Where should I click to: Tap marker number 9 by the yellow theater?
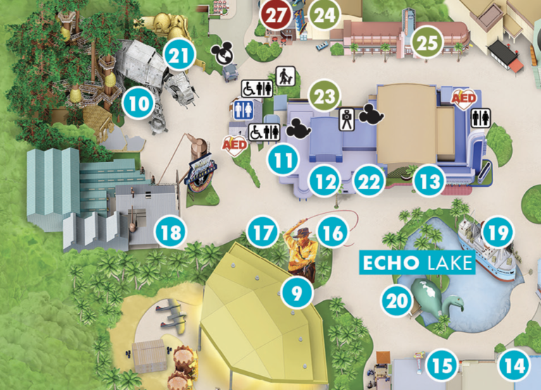297,291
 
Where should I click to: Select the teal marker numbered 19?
497,231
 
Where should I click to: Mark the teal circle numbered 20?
397,300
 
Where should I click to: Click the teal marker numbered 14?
514,366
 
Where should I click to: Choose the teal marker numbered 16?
333,230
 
